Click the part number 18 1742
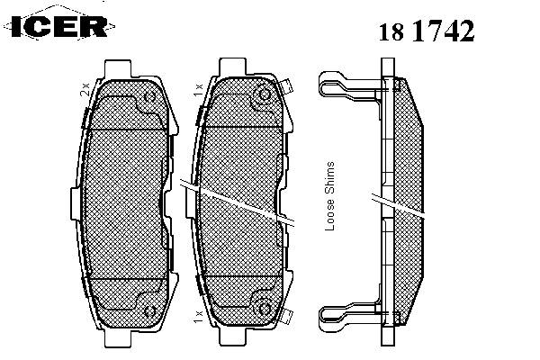(x=427, y=31)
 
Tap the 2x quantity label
(x=85, y=89)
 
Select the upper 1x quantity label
(x=199, y=89)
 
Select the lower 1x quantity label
(x=198, y=316)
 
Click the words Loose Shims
(x=330, y=196)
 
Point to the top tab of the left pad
(x=118, y=69)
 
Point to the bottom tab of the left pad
(x=118, y=337)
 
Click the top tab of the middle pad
(x=233, y=67)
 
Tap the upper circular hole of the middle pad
(x=265, y=95)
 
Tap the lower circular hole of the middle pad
(x=265, y=309)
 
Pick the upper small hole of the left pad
(x=150, y=97)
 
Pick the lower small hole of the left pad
(x=150, y=311)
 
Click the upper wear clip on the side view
(x=349, y=85)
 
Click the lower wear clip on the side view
(x=349, y=318)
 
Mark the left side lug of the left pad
(x=76, y=203)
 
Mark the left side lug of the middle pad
(x=191, y=203)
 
